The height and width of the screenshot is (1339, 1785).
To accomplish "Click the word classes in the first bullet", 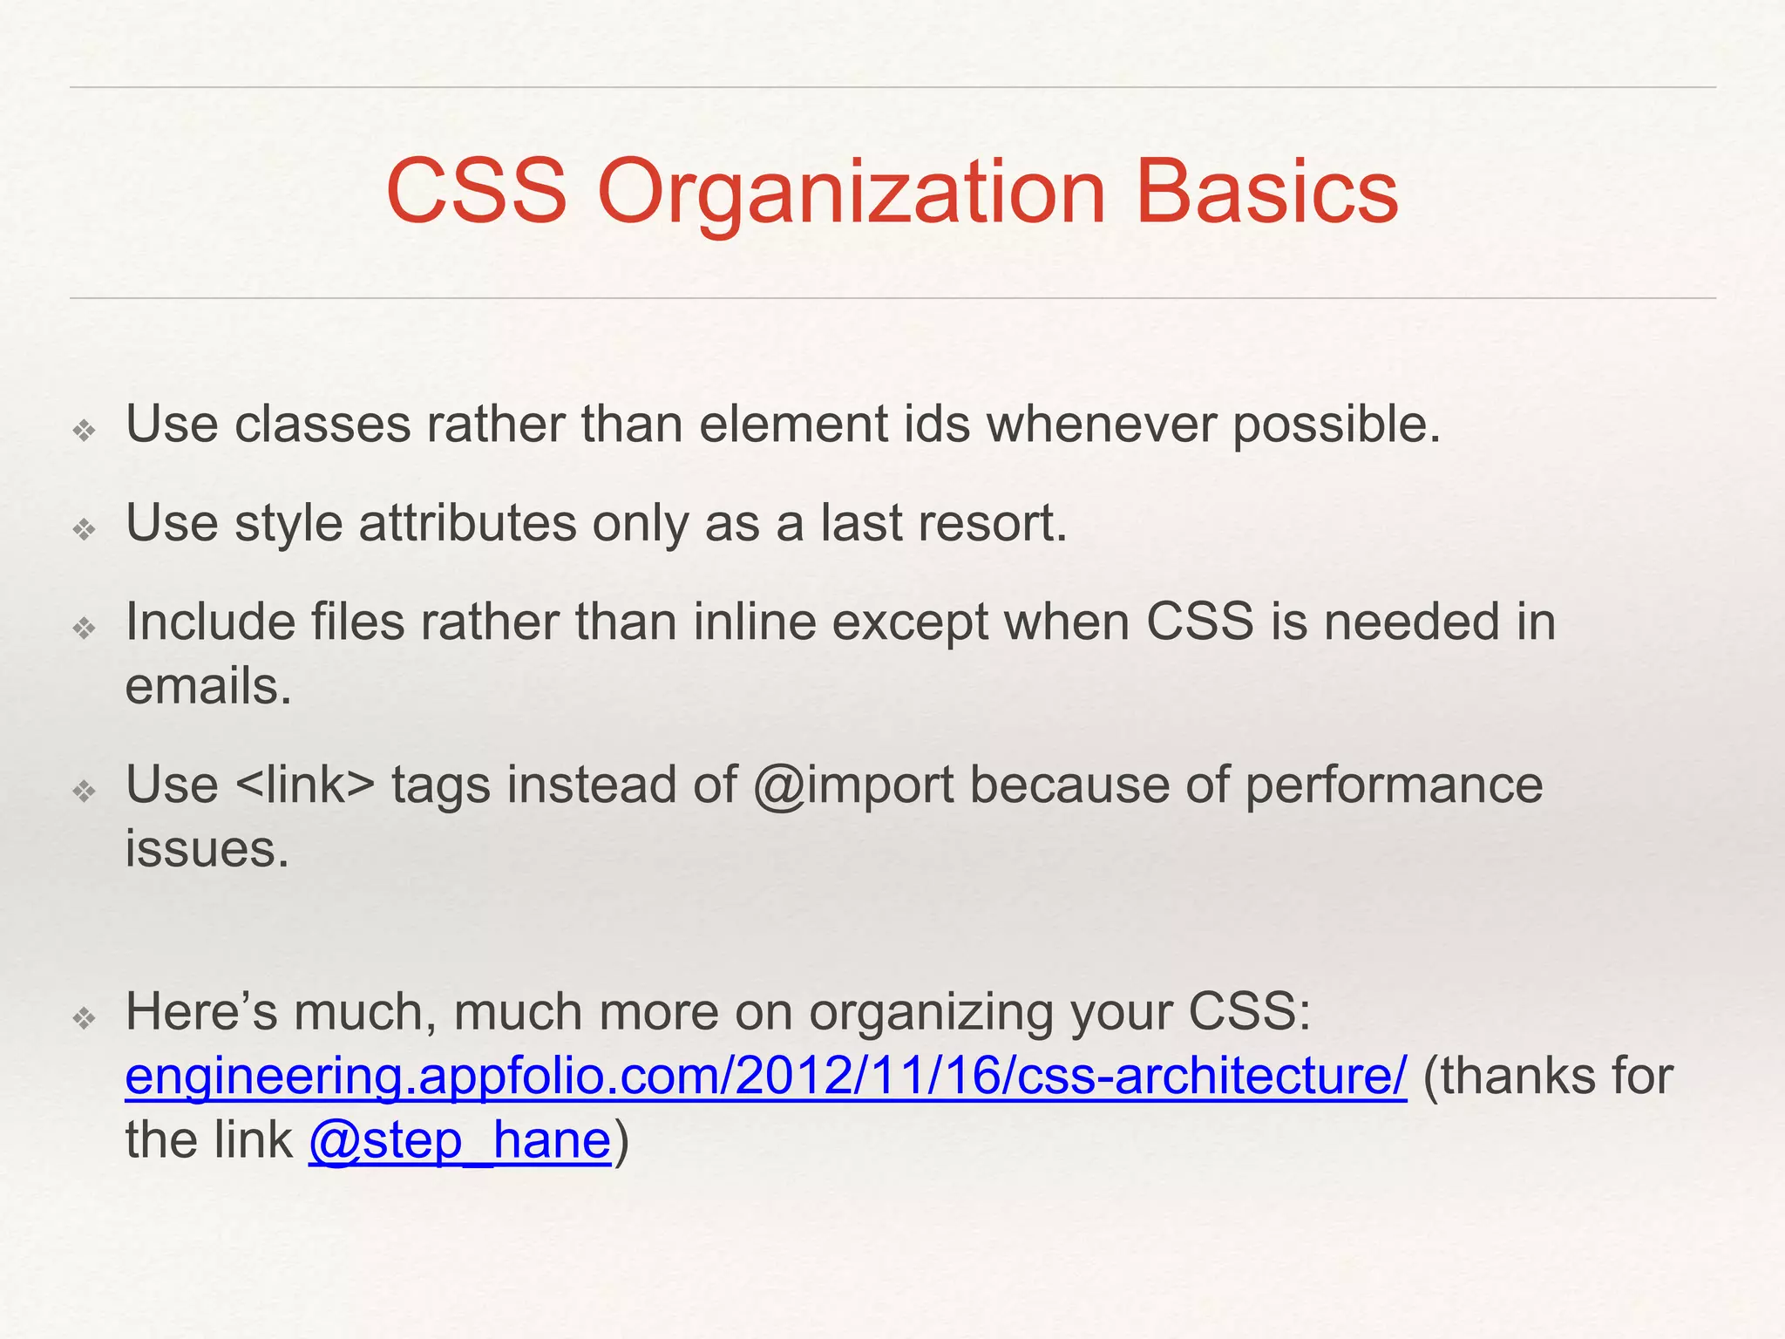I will click(322, 425).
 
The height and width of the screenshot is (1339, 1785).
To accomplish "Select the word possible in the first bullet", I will click(1336, 425).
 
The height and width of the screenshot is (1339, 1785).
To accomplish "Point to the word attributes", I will click(467, 523).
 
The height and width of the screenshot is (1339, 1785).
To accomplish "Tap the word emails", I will click(207, 686).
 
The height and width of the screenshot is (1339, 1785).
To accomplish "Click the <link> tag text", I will click(305, 785).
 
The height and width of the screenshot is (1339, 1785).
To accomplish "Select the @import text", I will click(853, 785).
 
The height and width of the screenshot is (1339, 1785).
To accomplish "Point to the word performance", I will click(1394, 785).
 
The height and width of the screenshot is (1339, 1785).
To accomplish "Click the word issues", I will click(207, 848).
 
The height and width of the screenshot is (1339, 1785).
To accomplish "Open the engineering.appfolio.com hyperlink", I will click(765, 1076).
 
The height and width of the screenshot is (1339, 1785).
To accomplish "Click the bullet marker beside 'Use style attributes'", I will click(84, 528).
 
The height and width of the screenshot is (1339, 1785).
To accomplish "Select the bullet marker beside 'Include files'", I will click(84, 628).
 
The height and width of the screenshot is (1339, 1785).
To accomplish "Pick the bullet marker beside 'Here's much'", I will click(84, 1017).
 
